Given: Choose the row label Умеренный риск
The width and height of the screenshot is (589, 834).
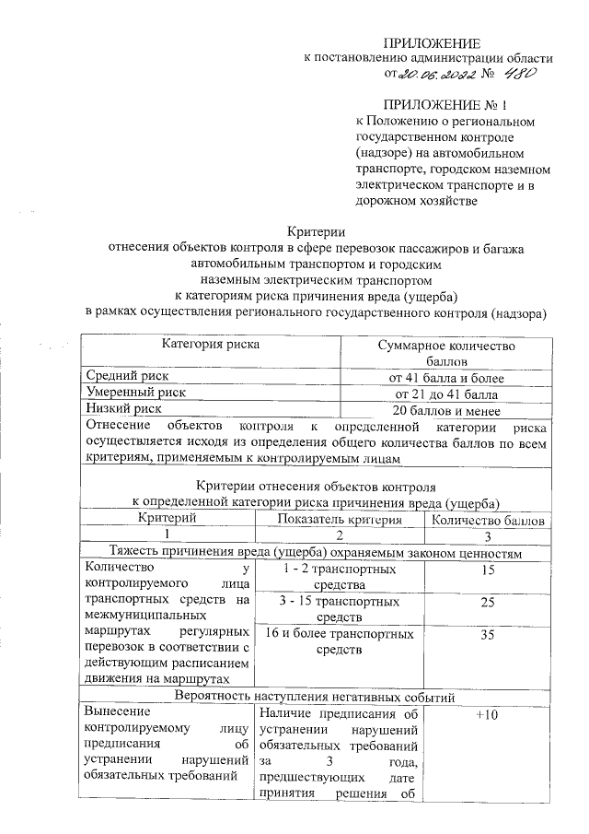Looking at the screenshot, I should pyautogui.click(x=135, y=392).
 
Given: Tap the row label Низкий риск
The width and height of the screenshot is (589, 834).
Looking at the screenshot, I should pyautogui.click(x=124, y=407).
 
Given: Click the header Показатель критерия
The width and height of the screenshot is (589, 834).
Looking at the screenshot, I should pyautogui.click(x=340, y=521).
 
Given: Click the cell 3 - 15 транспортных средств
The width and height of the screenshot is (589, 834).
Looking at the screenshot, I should pyautogui.click(x=340, y=609).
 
